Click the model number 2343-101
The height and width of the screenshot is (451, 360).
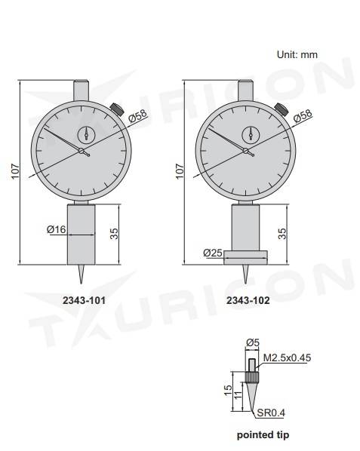coord(83,299)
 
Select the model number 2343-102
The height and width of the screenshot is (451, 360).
coord(248,299)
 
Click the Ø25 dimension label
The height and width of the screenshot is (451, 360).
coord(212,253)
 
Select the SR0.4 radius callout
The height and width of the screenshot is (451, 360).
coord(272,412)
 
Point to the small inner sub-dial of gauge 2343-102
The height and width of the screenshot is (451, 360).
coord(249,133)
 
